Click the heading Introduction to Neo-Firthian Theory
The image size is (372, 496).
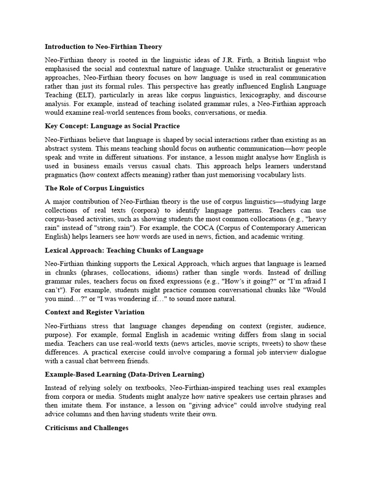(103, 47)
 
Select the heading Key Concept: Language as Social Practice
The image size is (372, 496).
(112, 126)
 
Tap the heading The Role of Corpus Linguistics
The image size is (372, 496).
(94, 188)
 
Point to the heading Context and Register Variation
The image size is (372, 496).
(94, 312)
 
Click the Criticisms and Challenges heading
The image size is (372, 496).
(87, 428)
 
